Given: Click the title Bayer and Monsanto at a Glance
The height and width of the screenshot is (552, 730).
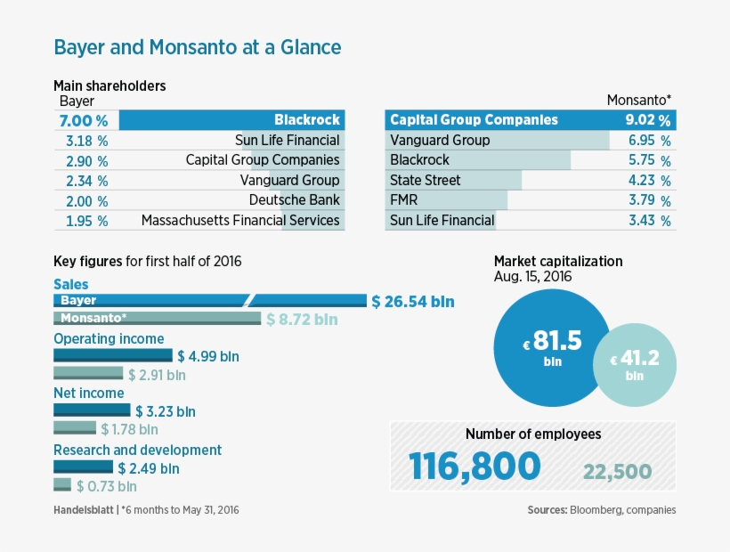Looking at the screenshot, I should (197, 46).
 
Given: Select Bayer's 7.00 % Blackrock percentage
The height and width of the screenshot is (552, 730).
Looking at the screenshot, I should (83, 120).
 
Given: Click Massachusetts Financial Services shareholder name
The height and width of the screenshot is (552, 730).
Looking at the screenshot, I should (240, 220).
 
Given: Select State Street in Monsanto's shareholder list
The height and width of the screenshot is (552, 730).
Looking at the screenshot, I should (426, 180).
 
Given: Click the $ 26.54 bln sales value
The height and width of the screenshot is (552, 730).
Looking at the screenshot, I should (413, 302).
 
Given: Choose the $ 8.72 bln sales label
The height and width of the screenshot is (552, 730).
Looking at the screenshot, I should (303, 320).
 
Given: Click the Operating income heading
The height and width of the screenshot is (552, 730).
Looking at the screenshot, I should (109, 338).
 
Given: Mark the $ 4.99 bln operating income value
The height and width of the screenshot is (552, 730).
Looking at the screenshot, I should (208, 356).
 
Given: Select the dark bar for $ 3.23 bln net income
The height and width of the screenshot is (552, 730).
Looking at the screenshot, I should (92, 410).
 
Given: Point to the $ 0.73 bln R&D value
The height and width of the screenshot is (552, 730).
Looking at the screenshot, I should (107, 486).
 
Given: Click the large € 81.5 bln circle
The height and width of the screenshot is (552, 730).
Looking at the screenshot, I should (552, 346).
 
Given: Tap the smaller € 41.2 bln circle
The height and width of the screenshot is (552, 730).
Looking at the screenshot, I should (634, 365).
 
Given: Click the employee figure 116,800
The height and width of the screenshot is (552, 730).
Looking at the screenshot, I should (474, 467).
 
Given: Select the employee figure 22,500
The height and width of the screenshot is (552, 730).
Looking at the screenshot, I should (617, 472).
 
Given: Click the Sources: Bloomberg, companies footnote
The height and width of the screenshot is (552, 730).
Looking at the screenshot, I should (601, 510).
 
